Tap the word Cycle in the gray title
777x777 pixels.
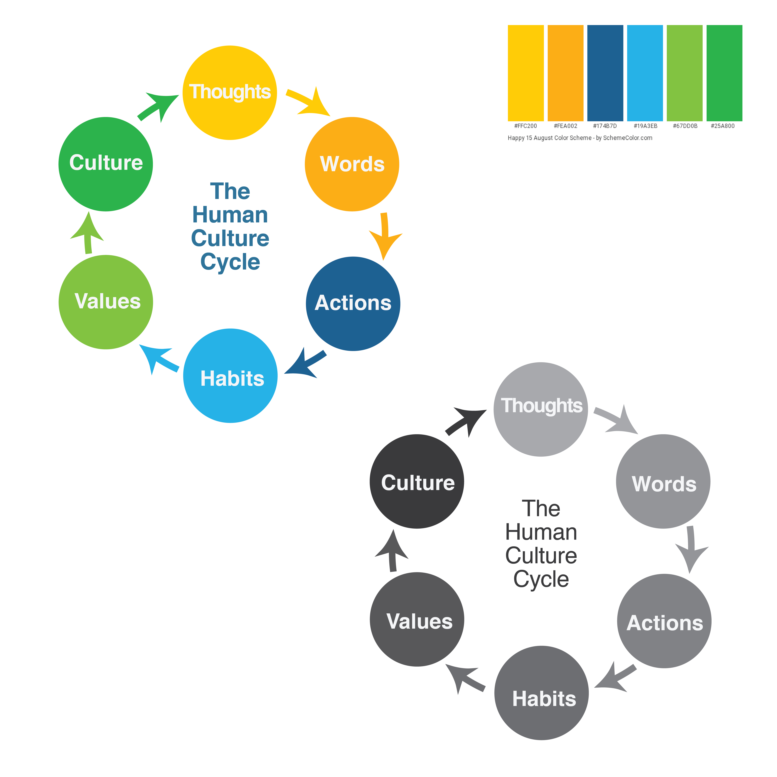541,579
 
